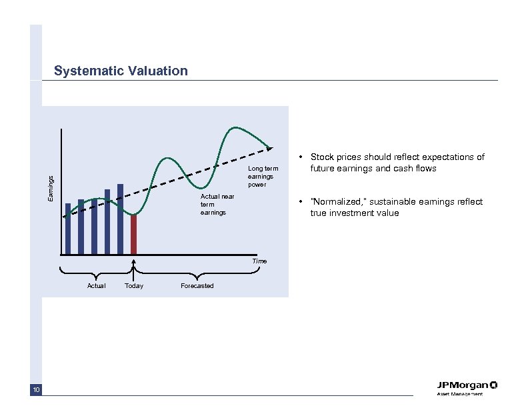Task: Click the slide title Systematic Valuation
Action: [121, 71]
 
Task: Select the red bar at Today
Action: [133, 234]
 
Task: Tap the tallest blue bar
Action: [120, 219]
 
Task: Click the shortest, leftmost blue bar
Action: [68, 228]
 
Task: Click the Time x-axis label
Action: [259, 261]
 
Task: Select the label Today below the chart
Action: [133, 286]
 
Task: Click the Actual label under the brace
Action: [96, 286]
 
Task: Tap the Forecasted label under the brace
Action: [197, 286]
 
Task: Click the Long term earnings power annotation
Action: [263, 177]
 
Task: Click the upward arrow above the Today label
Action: [134, 269]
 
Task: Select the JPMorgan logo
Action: [467, 385]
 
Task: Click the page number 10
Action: [36, 390]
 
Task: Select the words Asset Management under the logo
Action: [459, 395]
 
